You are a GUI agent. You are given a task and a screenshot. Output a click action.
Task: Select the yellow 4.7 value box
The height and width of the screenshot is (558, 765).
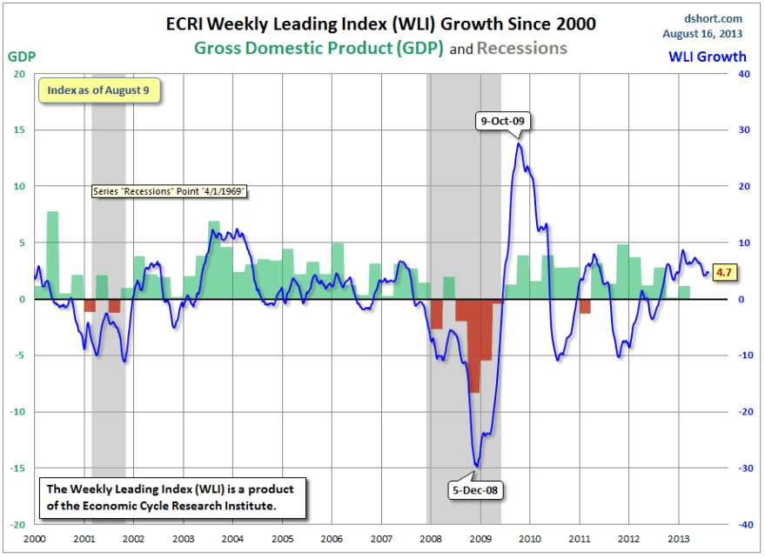click(x=723, y=272)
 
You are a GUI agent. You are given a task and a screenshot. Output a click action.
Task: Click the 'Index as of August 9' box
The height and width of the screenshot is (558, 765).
click(x=99, y=90)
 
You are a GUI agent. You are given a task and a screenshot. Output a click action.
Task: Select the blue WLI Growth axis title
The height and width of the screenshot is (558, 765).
click(x=707, y=56)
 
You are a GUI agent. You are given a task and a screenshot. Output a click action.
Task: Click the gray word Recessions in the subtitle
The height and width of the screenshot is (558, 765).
click(x=521, y=48)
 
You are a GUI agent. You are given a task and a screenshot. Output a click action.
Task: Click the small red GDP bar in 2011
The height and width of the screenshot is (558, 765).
click(x=585, y=306)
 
